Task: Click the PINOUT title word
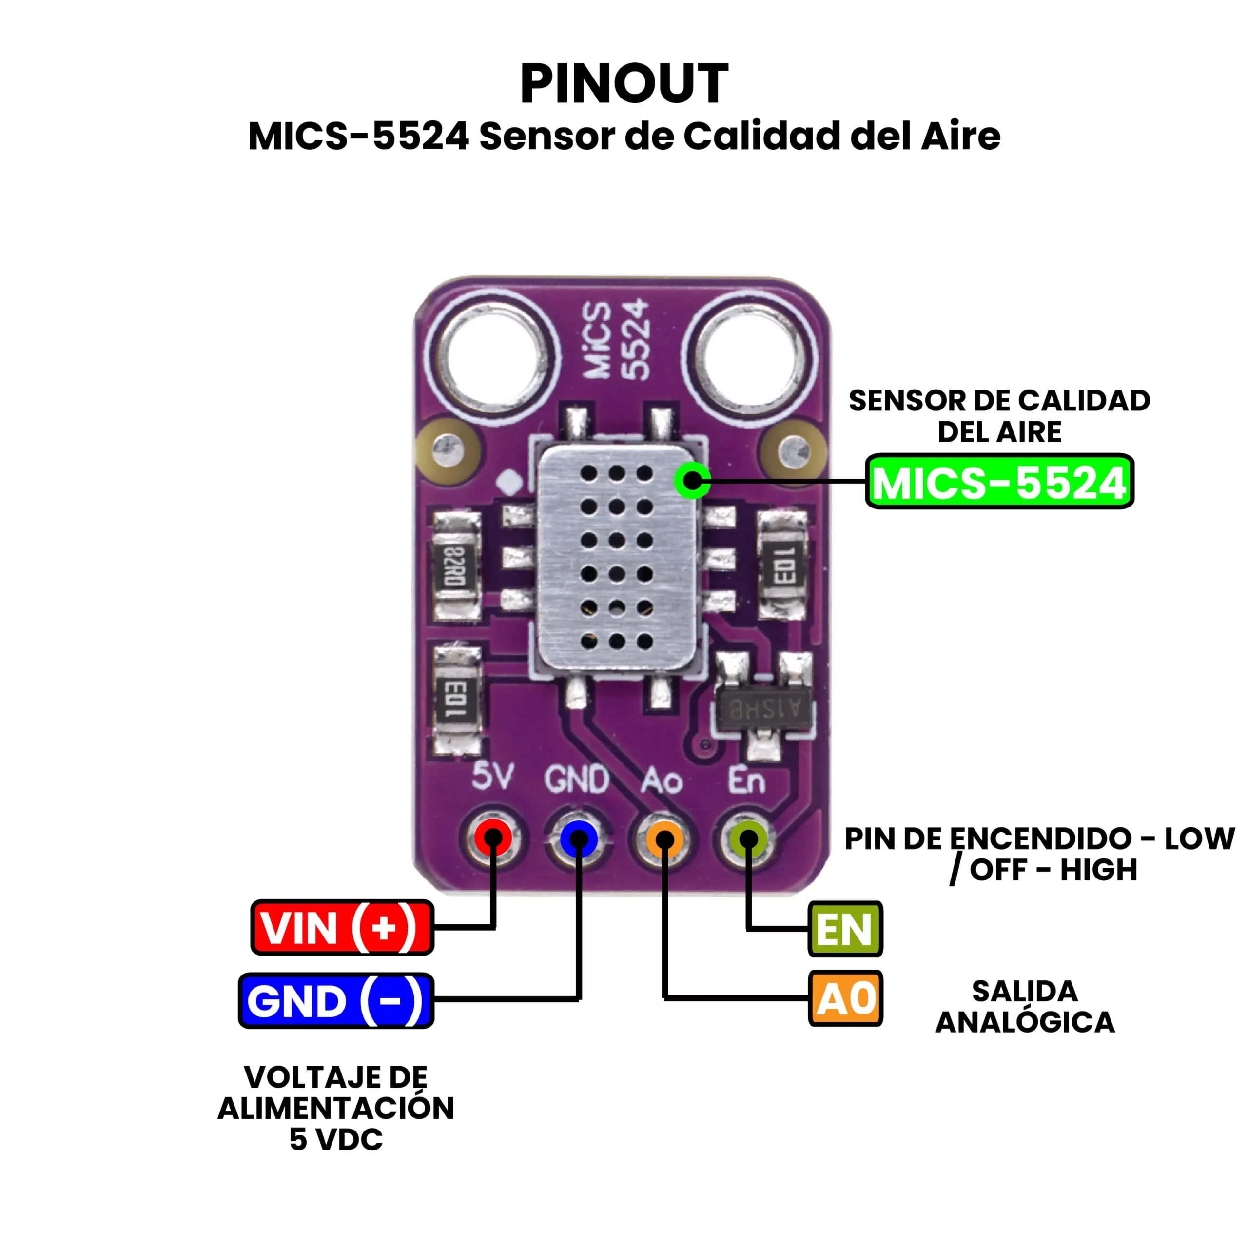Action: point(624,83)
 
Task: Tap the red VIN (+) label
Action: point(342,928)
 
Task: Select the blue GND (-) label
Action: point(336,1001)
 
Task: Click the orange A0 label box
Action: point(845,999)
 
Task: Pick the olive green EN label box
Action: point(845,929)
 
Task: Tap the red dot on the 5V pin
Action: point(493,838)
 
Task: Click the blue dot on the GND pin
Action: point(579,838)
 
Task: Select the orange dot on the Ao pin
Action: point(664,838)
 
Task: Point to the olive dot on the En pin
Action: point(748,838)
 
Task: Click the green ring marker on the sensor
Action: point(692,480)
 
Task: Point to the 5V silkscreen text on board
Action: point(493,777)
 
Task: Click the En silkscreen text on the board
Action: point(747,780)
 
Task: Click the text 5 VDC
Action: point(336,1139)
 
